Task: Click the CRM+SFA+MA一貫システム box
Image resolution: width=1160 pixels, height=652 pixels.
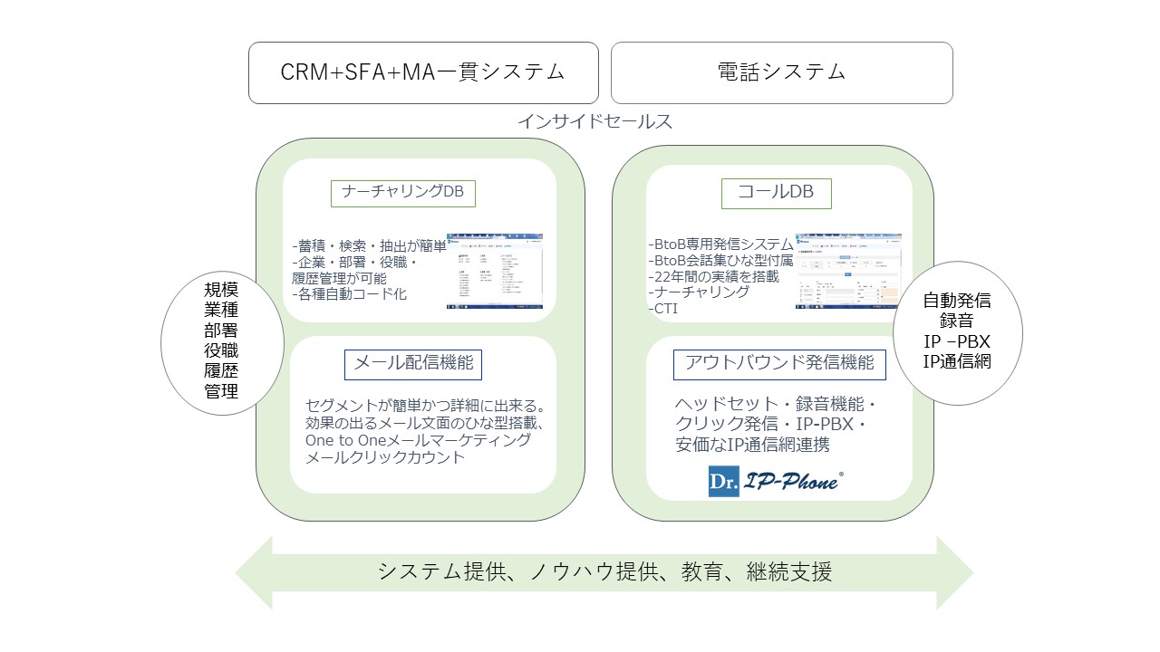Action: [x=423, y=72]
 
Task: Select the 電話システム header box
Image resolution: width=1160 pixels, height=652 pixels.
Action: [x=781, y=72]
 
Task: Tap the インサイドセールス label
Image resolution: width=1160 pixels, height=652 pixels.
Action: [x=594, y=121]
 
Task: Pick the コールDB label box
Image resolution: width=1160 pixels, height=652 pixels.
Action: [x=775, y=192]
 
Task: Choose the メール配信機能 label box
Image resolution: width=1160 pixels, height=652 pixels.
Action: [x=412, y=364]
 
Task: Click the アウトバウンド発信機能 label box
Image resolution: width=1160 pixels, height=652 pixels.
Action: [x=779, y=363]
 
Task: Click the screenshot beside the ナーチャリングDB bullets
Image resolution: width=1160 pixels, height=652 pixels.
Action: [x=494, y=272]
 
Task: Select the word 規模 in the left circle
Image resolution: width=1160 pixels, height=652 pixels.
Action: [x=221, y=291]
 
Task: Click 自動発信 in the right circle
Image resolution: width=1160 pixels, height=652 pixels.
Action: [x=957, y=301]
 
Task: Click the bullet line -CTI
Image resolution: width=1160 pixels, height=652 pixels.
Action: [x=664, y=309]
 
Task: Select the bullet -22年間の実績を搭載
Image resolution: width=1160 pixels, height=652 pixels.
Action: [x=714, y=276]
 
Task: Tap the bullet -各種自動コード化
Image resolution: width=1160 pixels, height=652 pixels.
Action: [x=350, y=294]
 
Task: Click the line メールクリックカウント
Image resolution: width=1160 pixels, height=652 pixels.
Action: [x=385, y=457]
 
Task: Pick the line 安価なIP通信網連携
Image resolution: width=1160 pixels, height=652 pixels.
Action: [x=752, y=445]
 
